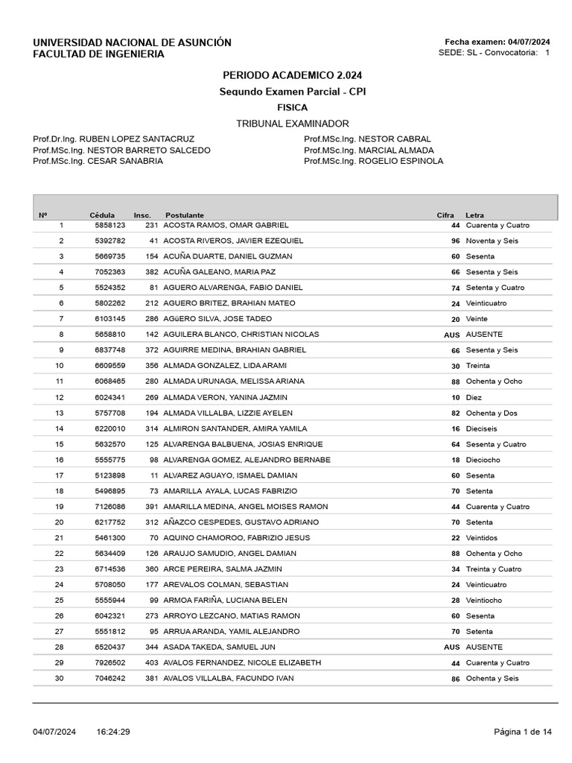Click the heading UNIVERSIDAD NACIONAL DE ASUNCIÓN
(x=132, y=42)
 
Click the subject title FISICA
(x=292, y=107)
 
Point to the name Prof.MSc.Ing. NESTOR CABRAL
(x=367, y=139)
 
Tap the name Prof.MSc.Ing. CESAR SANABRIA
(x=98, y=161)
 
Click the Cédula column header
(x=103, y=215)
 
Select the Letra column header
(x=474, y=215)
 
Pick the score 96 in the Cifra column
(x=455, y=241)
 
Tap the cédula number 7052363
(x=110, y=272)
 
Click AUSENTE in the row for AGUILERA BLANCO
(x=484, y=335)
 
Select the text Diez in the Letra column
(x=474, y=398)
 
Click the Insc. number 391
(x=152, y=507)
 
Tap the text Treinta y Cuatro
(x=494, y=569)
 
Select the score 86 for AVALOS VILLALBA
(x=455, y=679)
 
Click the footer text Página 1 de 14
(x=523, y=732)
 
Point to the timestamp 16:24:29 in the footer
(x=113, y=732)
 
